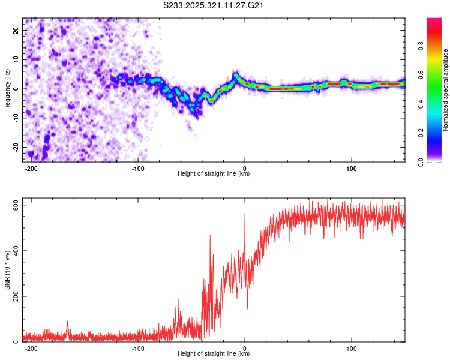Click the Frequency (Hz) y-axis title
coord(8,89)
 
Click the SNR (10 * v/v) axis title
coord(8,270)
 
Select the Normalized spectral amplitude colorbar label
coord(445,89)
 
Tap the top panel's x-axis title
coord(214,174)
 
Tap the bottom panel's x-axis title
coord(214,354)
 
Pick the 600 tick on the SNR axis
coord(14,205)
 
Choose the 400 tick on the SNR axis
coord(14,251)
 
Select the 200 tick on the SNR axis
coord(14,296)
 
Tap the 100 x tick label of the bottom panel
coord(351,347)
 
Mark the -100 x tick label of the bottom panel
coord(138,347)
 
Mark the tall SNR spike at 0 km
coord(245,215)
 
